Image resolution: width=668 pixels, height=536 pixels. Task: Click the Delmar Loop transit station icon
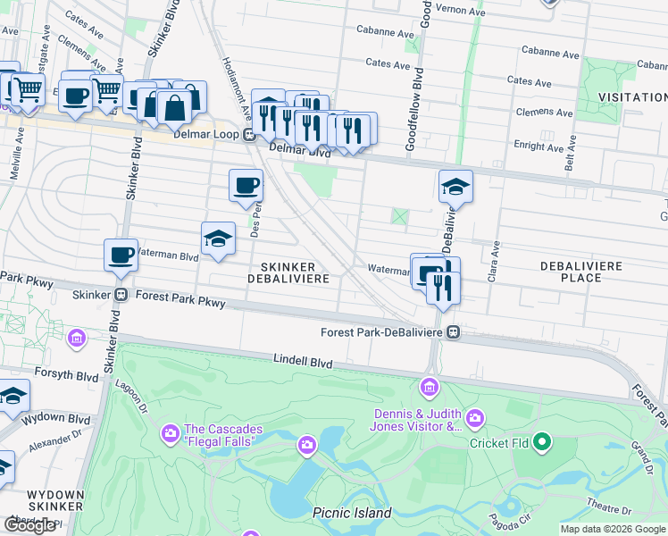coord(250,136)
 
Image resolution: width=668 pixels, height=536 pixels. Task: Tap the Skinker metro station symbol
coord(121,295)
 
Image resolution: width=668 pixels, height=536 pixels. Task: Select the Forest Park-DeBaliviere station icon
coord(454,332)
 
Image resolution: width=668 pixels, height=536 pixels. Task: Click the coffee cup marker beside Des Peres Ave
coord(246,186)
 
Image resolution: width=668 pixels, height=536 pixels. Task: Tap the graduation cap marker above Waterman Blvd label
coord(218,239)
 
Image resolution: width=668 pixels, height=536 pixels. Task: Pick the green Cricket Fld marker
coord(541,442)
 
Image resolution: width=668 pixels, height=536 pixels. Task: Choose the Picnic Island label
coord(352,513)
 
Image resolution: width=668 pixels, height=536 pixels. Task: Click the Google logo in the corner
coord(29,525)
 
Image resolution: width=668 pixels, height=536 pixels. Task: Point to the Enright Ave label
coord(535,144)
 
